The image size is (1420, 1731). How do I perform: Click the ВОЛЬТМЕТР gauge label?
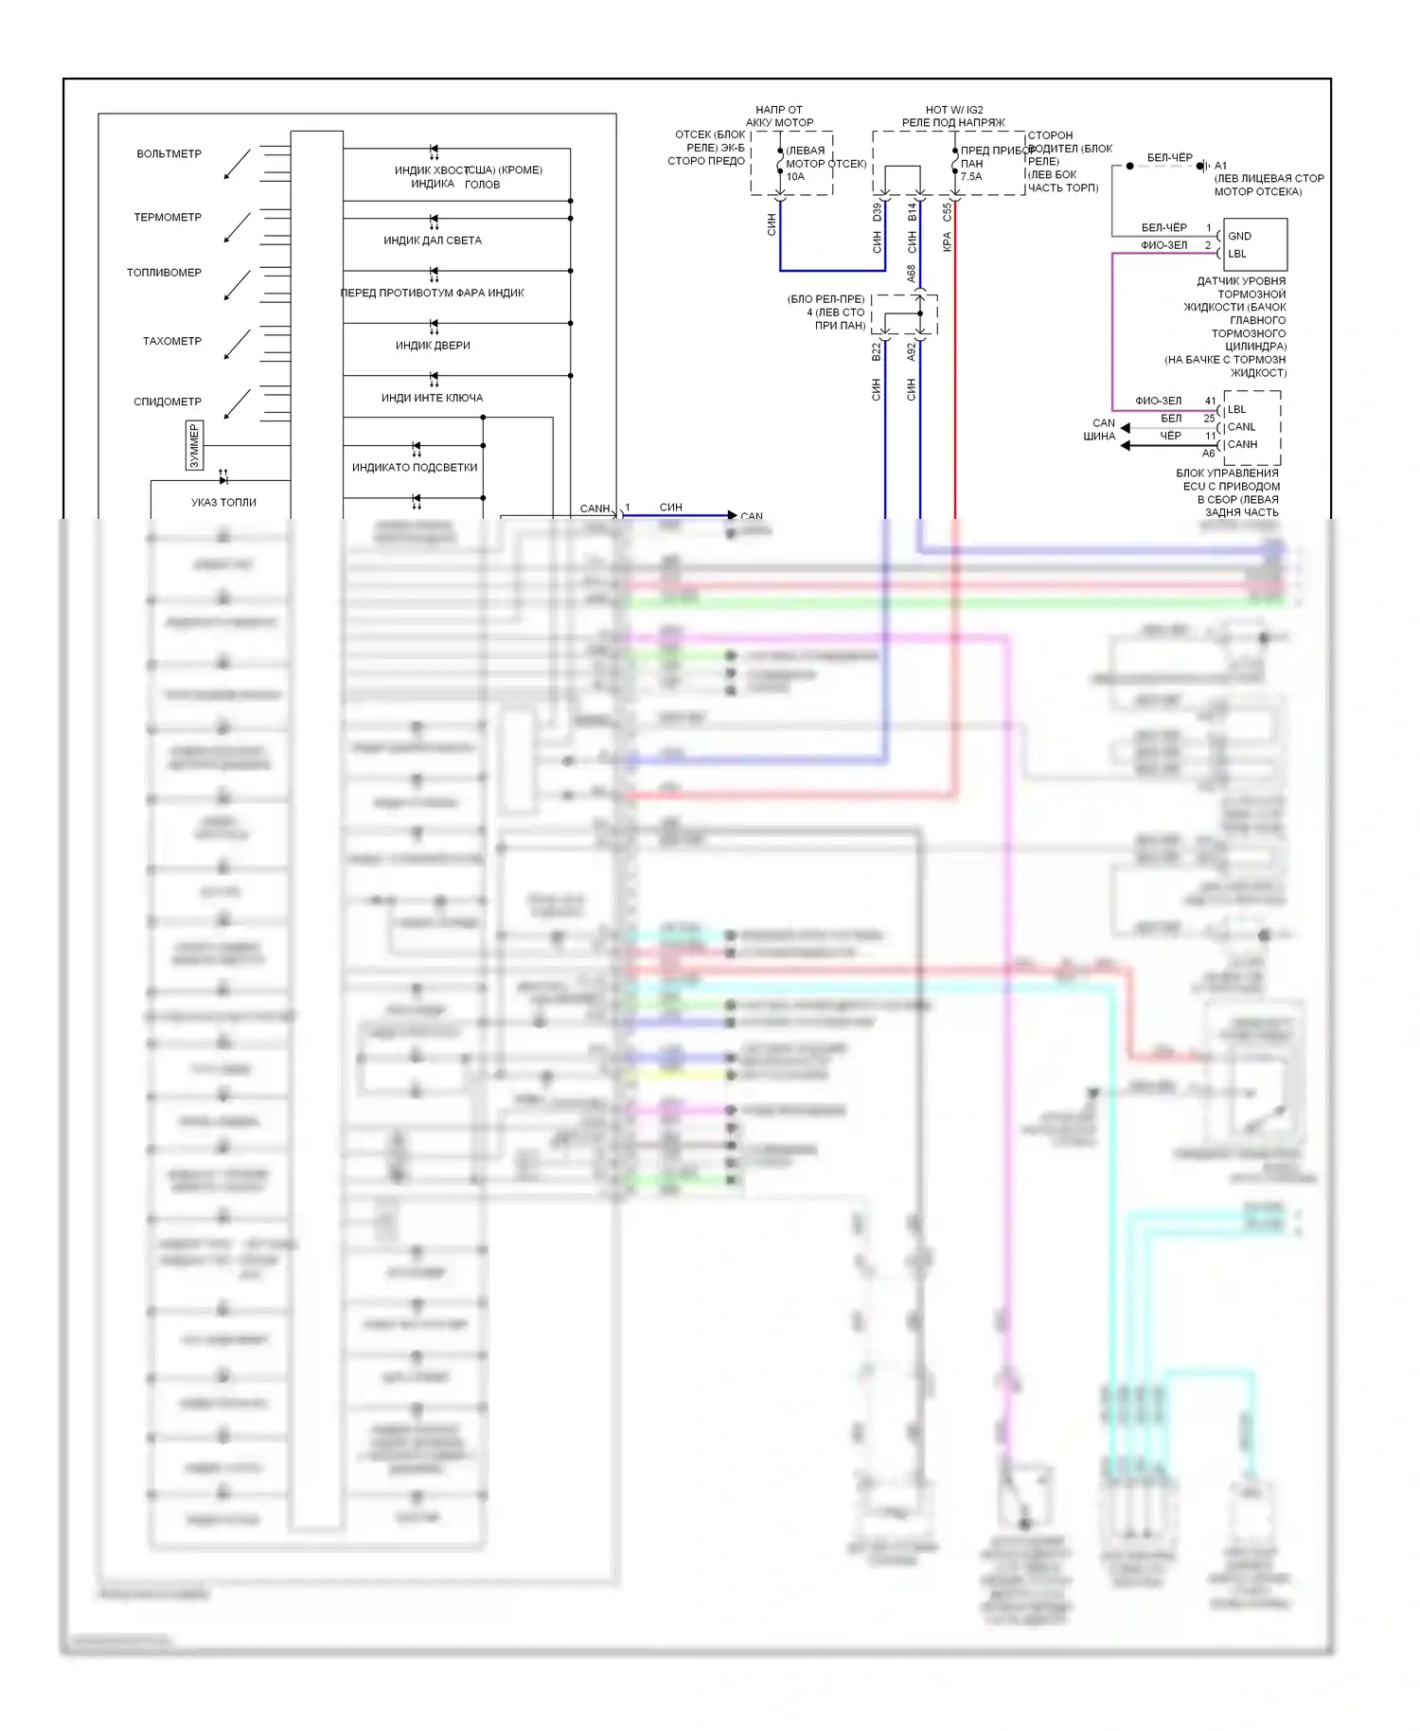(169, 154)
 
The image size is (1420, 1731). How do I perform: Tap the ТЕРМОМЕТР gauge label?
(168, 218)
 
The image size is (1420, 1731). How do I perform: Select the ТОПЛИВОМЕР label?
(164, 273)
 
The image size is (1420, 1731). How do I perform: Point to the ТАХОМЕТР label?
(171, 342)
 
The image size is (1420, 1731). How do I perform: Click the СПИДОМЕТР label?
(168, 402)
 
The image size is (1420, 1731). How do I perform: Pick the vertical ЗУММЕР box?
(195, 445)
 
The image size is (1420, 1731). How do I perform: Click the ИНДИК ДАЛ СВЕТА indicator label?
(432, 241)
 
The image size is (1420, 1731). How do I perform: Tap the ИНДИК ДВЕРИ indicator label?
(433, 346)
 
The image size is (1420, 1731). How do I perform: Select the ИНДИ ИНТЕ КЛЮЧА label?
(432, 399)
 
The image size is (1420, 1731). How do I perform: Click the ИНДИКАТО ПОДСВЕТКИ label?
(415, 468)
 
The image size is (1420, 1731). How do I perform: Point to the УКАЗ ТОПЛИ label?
(223, 503)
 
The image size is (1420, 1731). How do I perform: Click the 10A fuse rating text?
(795, 177)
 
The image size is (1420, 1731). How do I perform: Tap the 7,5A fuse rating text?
(971, 177)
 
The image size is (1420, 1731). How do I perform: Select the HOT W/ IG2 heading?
(954, 110)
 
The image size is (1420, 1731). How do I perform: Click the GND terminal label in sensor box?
(1239, 237)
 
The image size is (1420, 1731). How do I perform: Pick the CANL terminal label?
(1241, 427)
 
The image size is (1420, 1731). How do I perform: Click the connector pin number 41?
(1210, 401)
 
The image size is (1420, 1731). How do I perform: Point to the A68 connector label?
(912, 274)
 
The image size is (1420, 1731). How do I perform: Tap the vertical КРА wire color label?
(947, 242)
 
